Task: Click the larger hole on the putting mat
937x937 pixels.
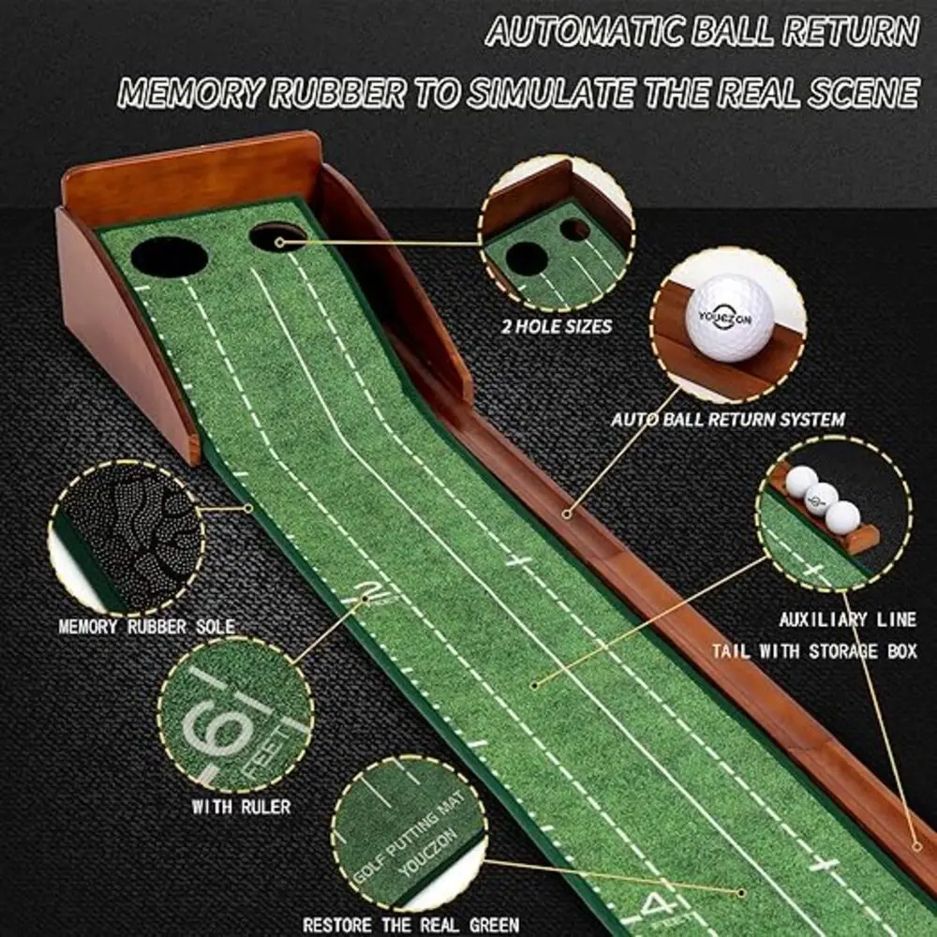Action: pyautogui.click(x=169, y=256)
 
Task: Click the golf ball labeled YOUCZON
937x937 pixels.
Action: pyautogui.click(x=730, y=318)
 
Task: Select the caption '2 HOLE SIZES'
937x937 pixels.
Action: pyautogui.click(x=556, y=327)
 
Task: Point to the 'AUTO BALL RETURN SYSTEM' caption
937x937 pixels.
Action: pyautogui.click(x=728, y=420)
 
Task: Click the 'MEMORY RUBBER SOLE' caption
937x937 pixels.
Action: pyautogui.click(x=147, y=626)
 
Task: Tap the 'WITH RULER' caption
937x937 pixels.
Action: pyautogui.click(x=241, y=806)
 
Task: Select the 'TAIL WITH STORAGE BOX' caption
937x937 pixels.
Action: pyautogui.click(x=814, y=651)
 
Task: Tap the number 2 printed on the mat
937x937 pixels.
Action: pyautogui.click(x=372, y=590)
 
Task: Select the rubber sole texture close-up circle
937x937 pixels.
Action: pyautogui.click(x=126, y=539)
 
